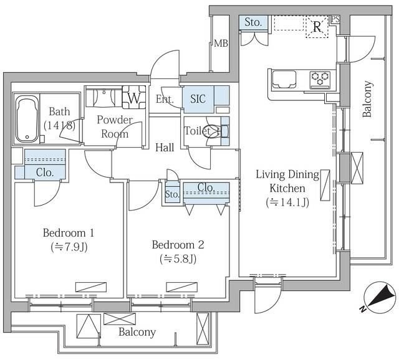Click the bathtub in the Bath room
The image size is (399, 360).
pos(27,119)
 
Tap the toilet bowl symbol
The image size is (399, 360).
pos(213,131)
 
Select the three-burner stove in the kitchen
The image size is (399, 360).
pos(320,80)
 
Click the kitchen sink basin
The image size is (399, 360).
pos(284,79)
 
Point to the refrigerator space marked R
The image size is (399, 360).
pos(317,27)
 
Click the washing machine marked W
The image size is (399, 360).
pos(134,97)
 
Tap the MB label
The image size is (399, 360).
pos(221,44)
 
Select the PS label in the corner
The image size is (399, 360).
pos(335,19)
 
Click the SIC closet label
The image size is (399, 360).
pos(198,99)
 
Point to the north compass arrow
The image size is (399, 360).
pos(380,298)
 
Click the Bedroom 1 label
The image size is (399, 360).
pos(69,233)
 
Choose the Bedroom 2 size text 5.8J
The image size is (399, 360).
pos(178,259)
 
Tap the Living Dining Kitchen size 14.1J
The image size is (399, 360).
pos(287,202)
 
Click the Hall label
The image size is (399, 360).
pos(165,148)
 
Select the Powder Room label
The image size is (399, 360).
pos(115,126)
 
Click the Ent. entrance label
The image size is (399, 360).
pos(165,99)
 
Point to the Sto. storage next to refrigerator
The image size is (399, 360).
pos(253,22)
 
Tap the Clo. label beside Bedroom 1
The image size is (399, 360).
pos(45,173)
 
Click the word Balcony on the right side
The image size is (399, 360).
pos(367,99)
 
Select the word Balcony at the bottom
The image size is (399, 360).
pos(137,332)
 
